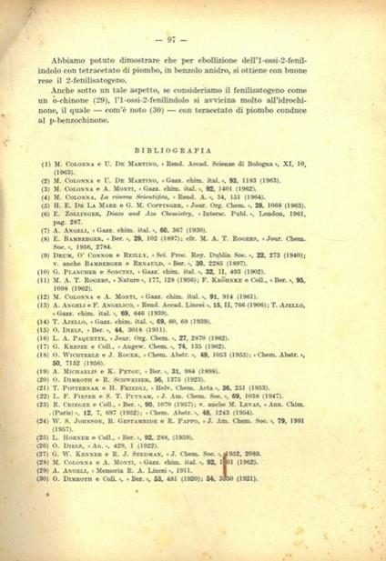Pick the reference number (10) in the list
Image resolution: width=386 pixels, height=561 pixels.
[45, 273]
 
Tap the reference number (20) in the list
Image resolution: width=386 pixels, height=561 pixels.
[45, 383]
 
